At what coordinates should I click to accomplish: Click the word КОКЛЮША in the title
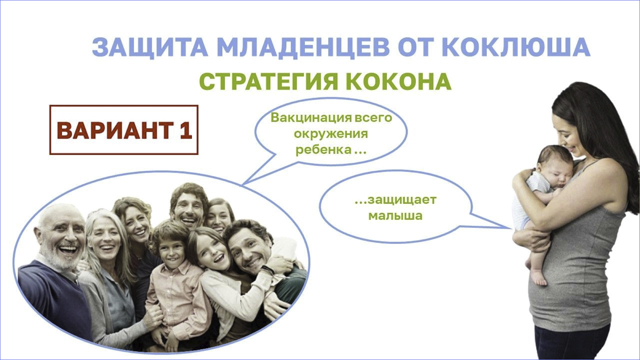point(516,47)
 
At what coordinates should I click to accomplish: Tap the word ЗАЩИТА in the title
point(150,48)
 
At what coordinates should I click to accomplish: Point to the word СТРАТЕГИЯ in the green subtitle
point(269,82)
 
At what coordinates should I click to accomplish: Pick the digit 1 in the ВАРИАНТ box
point(186,130)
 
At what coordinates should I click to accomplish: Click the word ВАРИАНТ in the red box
point(115,131)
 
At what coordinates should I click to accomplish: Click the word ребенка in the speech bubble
point(324,150)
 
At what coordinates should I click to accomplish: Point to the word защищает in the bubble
point(402,200)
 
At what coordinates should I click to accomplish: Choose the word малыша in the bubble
point(395,216)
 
